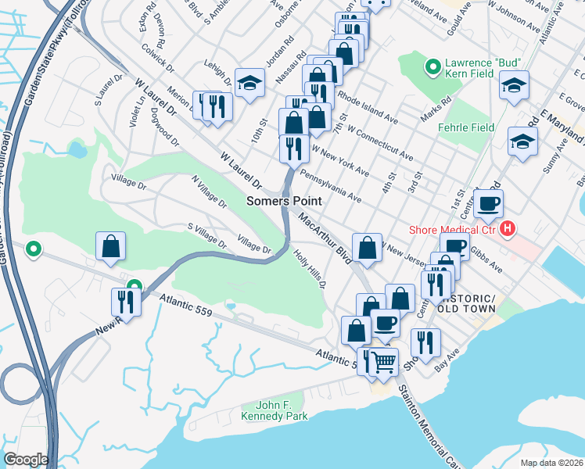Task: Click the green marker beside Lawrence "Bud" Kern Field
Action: [431, 68]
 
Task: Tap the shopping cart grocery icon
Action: [382, 363]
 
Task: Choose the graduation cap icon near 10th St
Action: [249, 83]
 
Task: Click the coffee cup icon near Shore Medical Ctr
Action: [489, 204]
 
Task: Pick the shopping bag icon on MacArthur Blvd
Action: [367, 248]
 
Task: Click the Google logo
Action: [26, 460]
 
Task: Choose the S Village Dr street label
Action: [206, 238]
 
